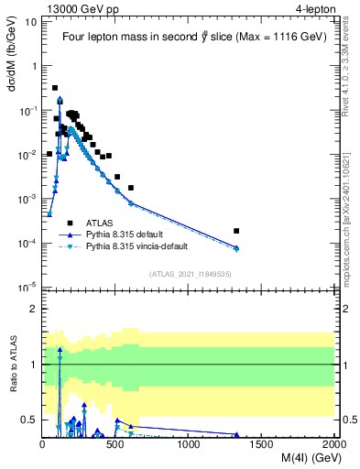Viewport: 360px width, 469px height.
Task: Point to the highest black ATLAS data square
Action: point(55,88)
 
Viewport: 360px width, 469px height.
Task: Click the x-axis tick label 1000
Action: point(189,445)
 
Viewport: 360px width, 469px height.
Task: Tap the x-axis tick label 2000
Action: point(334,445)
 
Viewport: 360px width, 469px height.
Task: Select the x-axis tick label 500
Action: point(116,445)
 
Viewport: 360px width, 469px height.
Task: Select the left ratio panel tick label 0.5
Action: point(29,420)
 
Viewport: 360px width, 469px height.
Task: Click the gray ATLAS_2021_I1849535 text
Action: point(191,273)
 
